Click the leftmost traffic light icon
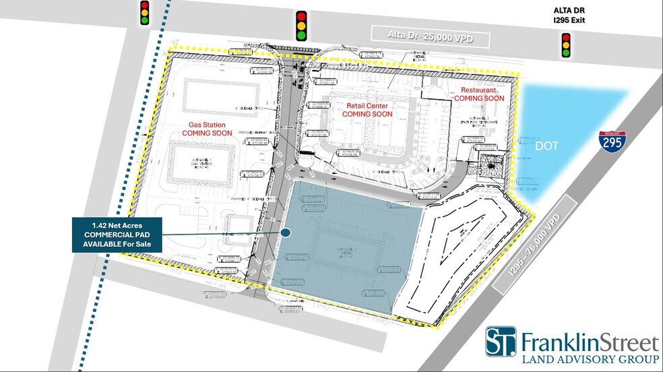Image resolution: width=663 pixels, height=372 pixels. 144,13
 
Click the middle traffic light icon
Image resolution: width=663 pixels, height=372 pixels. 301,25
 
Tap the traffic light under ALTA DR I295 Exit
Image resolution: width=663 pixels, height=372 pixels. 566,43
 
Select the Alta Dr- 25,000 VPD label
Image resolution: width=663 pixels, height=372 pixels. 431,38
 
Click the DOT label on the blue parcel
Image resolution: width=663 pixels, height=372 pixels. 546,146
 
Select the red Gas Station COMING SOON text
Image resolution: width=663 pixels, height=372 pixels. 207,129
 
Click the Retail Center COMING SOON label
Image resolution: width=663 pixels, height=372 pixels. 368,110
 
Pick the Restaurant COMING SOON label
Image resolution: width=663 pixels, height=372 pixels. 479,94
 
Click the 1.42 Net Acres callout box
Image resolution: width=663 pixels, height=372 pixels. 117,235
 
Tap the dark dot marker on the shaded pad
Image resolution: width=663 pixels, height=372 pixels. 285,233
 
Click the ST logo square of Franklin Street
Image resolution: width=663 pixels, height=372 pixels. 501,342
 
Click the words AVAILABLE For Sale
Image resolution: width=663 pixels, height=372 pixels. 117,243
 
